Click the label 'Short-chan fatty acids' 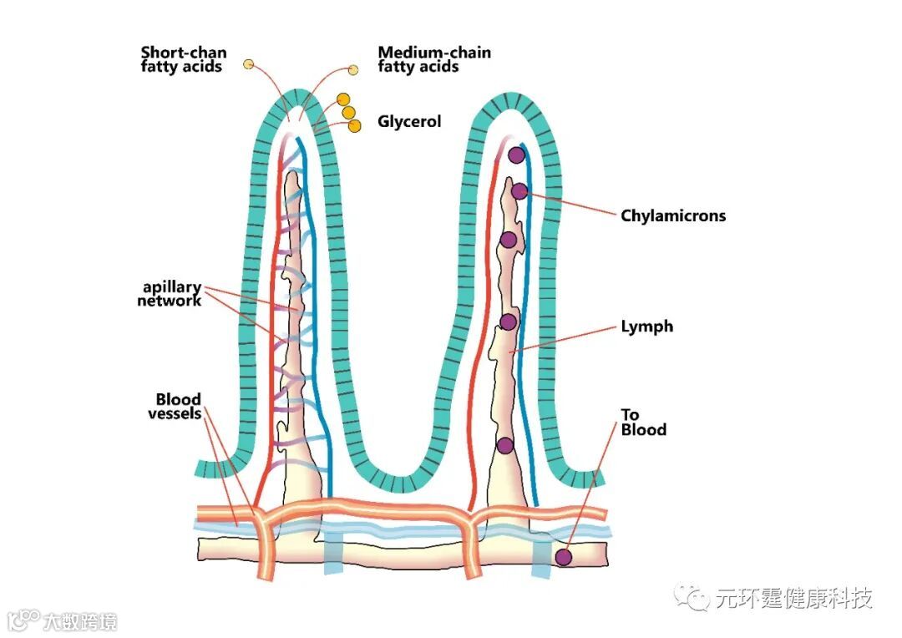tap(183, 59)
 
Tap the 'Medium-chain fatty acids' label tap(433, 59)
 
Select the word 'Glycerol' tap(409, 122)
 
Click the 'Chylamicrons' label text tap(673, 215)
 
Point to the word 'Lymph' tap(646, 327)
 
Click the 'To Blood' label tap(643, 423)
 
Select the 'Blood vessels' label tap(178, 406)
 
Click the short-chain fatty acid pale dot tap(248, 64)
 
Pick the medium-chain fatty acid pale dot tap(353, 70)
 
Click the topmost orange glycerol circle tap(342, 99)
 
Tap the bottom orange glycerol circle tap(355, 125)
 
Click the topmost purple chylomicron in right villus tap(516, 154)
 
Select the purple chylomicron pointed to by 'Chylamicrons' tap(519, 191)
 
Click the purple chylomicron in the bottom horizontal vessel tap(564, 557)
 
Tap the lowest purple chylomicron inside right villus tap(504, 445)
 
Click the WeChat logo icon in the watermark tap(694, 596)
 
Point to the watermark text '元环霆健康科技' tap(793, 598)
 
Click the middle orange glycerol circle tap(349, 113)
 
